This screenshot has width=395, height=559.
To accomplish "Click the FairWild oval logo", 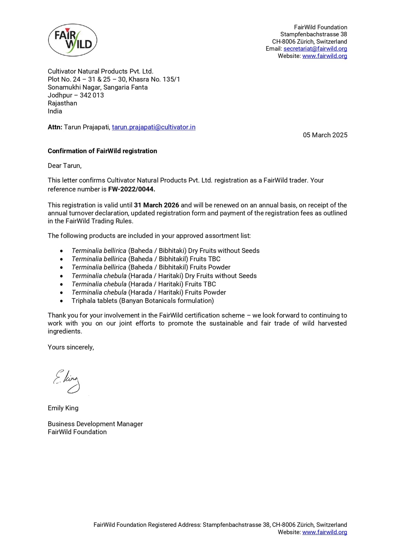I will coord(72,40).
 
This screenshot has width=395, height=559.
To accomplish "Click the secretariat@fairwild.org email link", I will coord(315,49).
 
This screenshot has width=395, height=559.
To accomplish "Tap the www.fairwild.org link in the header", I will coord(324,56).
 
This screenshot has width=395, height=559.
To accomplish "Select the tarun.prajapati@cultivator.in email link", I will coord(153,127).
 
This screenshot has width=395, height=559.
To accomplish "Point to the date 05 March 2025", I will coord(325,135).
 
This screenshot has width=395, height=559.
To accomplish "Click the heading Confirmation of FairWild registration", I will coord(102,151).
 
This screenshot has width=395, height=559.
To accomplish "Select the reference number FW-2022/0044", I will coord(131,189).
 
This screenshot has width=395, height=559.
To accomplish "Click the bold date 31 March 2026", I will coord(156,205).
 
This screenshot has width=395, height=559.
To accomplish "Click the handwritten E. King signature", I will coord(67,381).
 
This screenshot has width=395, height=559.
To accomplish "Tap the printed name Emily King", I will coord(63,408).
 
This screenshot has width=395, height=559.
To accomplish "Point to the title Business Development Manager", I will coord(95,424).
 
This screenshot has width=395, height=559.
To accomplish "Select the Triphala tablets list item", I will coord(143,301).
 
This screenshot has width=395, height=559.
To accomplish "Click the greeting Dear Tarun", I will coord(65,166).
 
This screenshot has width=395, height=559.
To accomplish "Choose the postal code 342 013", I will coord(92,95).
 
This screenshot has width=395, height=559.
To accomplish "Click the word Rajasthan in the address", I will coord(62,103).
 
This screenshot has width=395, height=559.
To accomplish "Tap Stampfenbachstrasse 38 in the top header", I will coord(313,34).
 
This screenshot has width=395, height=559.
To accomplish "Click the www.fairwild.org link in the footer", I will coord(324,532).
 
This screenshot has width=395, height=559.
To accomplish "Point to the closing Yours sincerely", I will coord(71,347).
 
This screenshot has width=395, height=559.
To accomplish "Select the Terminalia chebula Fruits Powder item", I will coord(149,293).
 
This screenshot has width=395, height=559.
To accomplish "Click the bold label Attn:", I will coord(55,127).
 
